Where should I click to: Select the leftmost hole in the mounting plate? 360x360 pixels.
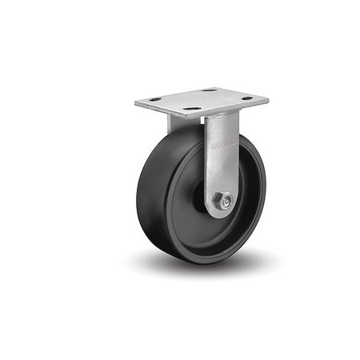[x=155, y=99]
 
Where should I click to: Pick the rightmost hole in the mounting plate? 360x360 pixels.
[x=247, y=98]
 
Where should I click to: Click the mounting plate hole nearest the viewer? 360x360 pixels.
[x=193, y=108]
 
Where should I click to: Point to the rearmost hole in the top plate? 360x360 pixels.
[x=210, y=90]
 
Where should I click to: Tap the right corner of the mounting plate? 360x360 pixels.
[x=266, y=100]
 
